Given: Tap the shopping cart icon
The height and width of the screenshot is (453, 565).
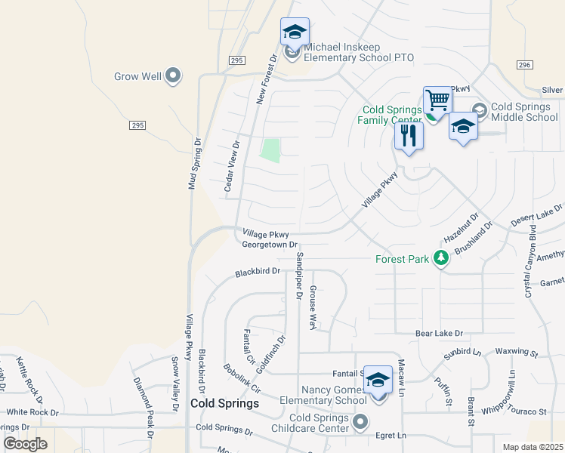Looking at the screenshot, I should (x=437, y=99).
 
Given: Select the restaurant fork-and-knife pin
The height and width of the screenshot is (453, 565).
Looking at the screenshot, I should (x=409, y=136).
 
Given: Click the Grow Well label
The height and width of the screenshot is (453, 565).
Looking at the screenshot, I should (x=137, y=76).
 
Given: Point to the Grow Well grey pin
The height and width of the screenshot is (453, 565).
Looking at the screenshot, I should (x=173, y=75).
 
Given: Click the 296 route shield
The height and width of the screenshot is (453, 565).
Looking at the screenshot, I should (x=525, y=66).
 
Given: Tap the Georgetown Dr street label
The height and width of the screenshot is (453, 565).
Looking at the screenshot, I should (x=270, y=245).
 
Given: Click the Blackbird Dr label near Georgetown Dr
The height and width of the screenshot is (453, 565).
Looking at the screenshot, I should (x=257, y=270).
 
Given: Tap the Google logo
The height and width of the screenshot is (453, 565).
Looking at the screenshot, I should (x=26, y=444).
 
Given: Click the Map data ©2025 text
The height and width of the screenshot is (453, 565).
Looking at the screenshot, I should (x=533, y=447).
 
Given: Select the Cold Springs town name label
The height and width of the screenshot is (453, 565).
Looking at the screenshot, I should (x=224, y=404).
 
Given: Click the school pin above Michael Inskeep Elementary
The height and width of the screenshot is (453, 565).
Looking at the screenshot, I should (x=295, y=32).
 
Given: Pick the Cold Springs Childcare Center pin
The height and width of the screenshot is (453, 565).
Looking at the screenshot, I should (x=360, y=421).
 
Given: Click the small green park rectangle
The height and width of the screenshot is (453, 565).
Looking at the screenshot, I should (x=270, y=149).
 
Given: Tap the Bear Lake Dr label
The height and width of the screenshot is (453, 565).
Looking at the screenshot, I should (x=438, y=332).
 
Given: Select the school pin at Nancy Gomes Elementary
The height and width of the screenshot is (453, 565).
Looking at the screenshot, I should (x=378, y=380).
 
